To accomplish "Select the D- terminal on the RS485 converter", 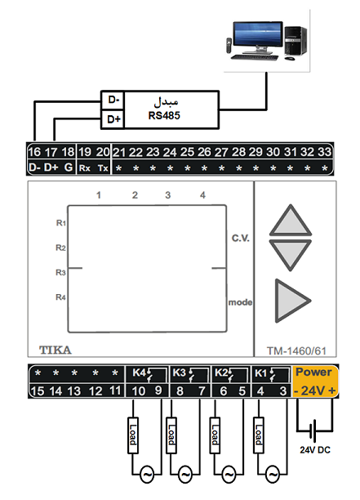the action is pyautogui.click(x=113, y=100).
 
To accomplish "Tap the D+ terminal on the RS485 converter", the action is pyautogui.click(x=113, y=119).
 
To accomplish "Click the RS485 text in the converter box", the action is pyautogui.click(x=164, y=115).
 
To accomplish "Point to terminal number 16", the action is pyautogui.click(x=34, y=152).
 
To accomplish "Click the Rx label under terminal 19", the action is pyautogui.click(x=84, y=168).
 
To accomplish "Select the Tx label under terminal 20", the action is pyautogui.click(x=103, y=168).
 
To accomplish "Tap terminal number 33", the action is pyautogui.click(x=324, y=152).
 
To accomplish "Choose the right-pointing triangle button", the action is pyautogui.click(x=291, y=301).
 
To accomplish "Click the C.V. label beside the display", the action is pyautogui.click(x=241, y=239).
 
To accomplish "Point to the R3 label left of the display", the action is pyautogui.click(x=60, y=273).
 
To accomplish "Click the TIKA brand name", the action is pyautogui.click(x=56, y=350).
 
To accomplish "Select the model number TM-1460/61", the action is pyautogui.click(x=296, y=351).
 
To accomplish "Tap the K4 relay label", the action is pyautogui.click(x=139, y=373).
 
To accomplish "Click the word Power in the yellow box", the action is pyautogui.click(x=313, y=372).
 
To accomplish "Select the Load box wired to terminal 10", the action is pyautogui.click(x=133, y=435).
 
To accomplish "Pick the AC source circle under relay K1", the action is pyautogui.click(x=273, y=475).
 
